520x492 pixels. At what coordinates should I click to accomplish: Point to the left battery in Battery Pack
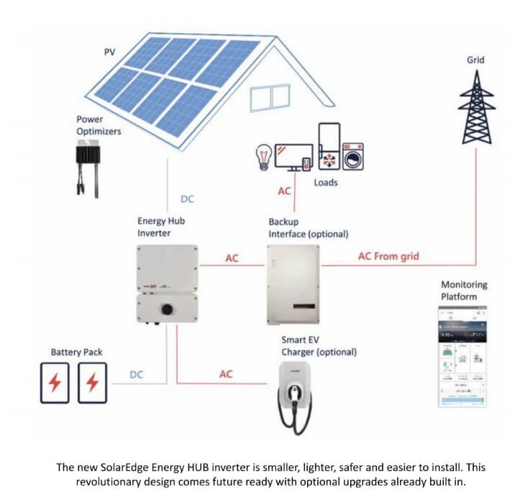point(55,382)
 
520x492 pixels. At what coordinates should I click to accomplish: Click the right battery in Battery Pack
point(92,382)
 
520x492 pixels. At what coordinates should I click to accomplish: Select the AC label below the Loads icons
point(285,192)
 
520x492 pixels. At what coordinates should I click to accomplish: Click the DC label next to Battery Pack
point(137,374)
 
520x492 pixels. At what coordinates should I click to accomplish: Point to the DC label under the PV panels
point(186,199)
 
